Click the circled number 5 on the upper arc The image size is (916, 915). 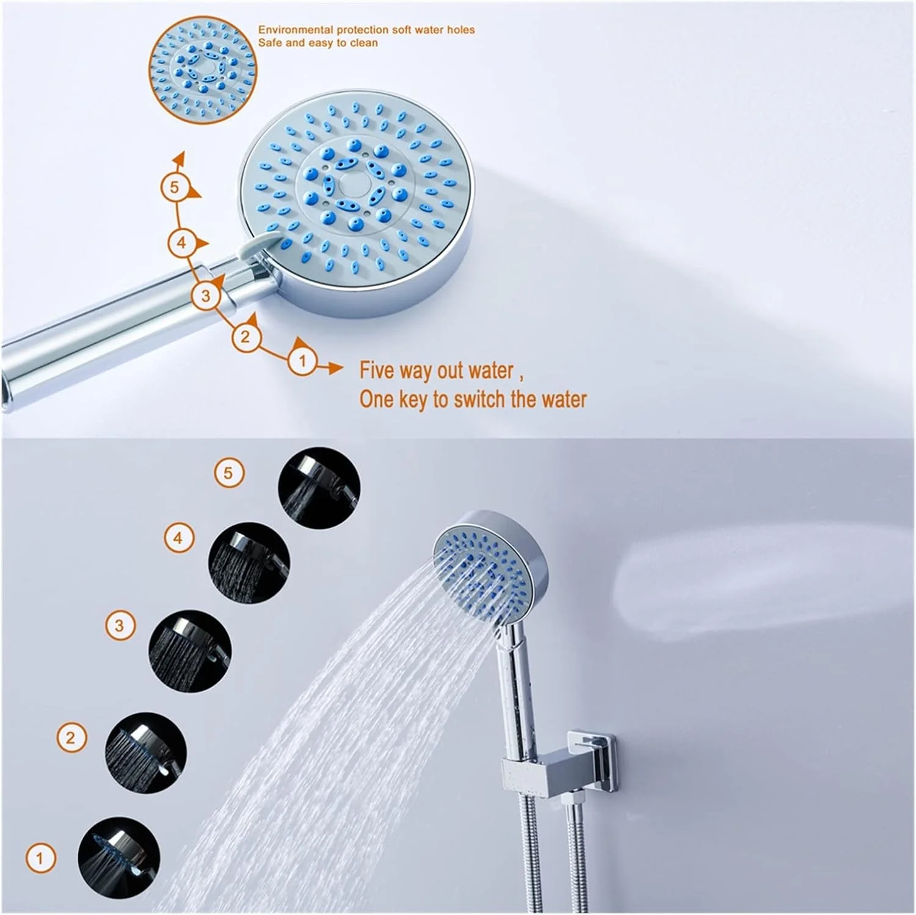(175, 187)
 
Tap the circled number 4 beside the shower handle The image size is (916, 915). (181, 243)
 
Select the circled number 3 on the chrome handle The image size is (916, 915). (205, 296)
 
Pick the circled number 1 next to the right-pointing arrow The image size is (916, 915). (302, 361)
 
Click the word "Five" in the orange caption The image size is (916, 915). (377, 371)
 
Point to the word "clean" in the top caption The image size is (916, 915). (364, 43)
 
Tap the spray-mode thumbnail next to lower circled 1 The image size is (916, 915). (119, 858)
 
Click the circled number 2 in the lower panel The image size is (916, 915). (71, 737)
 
